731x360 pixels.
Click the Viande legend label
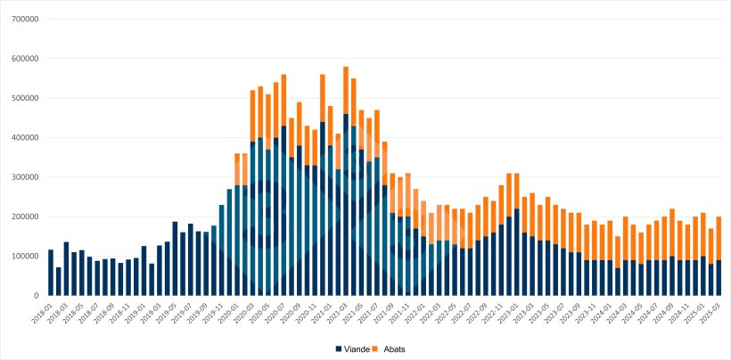click(x=357, y=348)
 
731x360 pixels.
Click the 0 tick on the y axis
click(x=37, y=295)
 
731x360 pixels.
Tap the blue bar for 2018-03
click(x=66, y=268)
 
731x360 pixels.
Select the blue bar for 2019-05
click(x=175, y=258)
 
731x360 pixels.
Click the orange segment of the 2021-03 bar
click(x=346, y=90)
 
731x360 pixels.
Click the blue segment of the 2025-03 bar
click(x=719, y=277)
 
